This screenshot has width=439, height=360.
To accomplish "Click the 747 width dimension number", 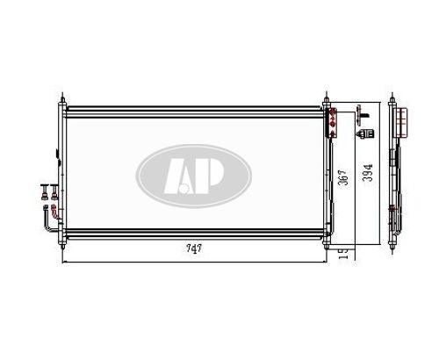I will (194, 248).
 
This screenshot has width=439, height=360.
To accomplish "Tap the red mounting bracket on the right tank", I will (333, 123).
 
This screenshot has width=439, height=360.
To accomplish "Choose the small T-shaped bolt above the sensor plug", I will (359, 111).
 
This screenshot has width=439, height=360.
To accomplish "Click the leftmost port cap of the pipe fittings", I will (43, 187).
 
